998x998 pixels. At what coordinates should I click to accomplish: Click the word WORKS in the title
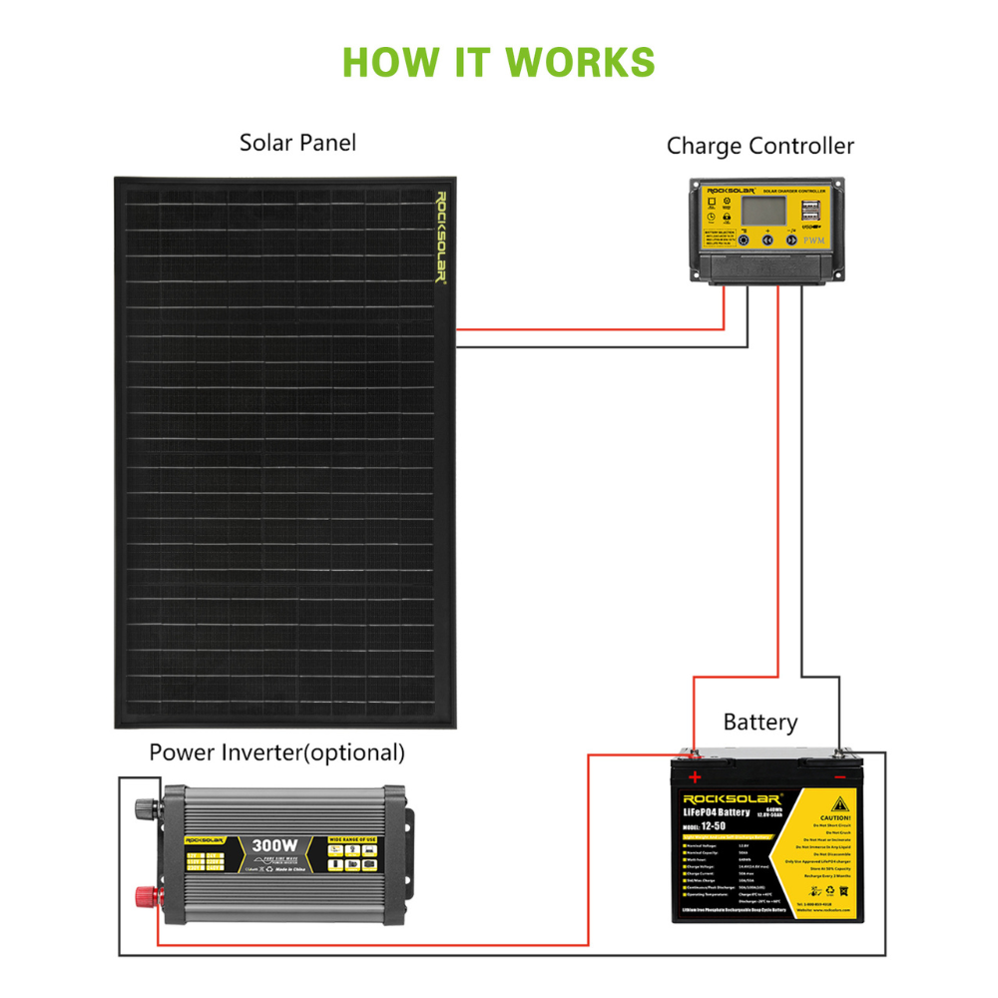[x=580, y=62]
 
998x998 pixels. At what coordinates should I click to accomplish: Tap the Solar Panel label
[x=297, y=143]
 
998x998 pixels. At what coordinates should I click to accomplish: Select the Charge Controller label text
[x=760, y=147]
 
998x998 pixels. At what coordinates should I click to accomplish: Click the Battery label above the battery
[x=760, y=722]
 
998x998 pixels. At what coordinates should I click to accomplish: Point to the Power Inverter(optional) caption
[x=277, y=752]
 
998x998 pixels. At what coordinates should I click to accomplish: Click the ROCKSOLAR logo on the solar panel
[x=440, y=237]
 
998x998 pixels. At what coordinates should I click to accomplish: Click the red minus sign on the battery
[x=839, y=776]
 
